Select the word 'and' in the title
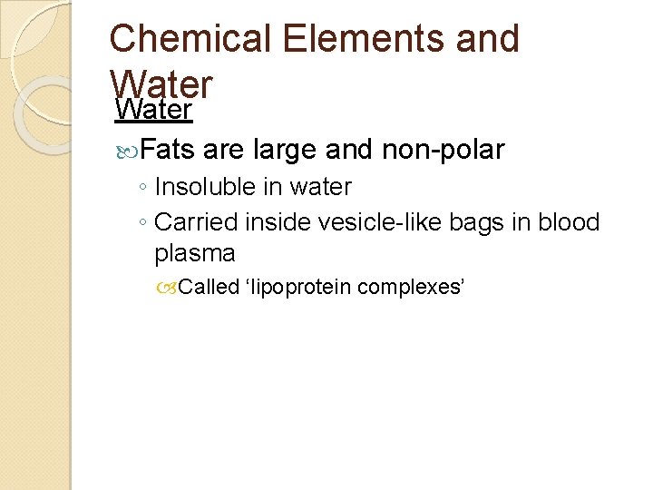[486, 39]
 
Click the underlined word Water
[153, 111]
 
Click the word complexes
[411, 289]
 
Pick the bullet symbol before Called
[169, 289]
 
